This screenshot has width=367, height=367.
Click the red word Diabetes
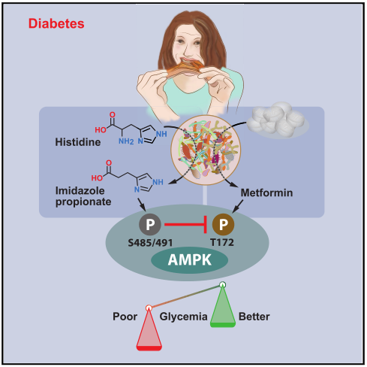click(x=56, y=23)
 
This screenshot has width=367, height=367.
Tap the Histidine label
click(x=78, y=142)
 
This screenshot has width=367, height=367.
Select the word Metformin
click(x=266, y=193)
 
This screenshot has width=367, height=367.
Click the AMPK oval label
click(x=189, y=260)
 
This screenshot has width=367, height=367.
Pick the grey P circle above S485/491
click(x=150, y=224)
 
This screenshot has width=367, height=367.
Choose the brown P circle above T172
click(x=223, y=224)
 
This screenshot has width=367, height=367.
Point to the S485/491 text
click(x=150, y=243)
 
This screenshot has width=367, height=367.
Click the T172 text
click(x=222, y=242)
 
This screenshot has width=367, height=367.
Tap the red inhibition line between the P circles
click(x=185, y=224)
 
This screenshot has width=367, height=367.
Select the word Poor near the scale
click(x=125, y=317)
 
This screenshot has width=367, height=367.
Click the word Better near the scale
click(x=254, y=317)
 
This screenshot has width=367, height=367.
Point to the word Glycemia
click(x=183, y=317)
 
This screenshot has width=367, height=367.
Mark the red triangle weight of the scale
click(x=149, y=329)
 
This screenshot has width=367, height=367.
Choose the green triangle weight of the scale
click(x=223, y=306)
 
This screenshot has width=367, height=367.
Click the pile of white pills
click(x=278, y=120)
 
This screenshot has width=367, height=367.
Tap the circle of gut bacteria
click(x=206, y=150)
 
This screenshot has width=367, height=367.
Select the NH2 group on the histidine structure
click(x=126, y=141)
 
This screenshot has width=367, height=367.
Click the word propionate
click(x=83, y=202)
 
